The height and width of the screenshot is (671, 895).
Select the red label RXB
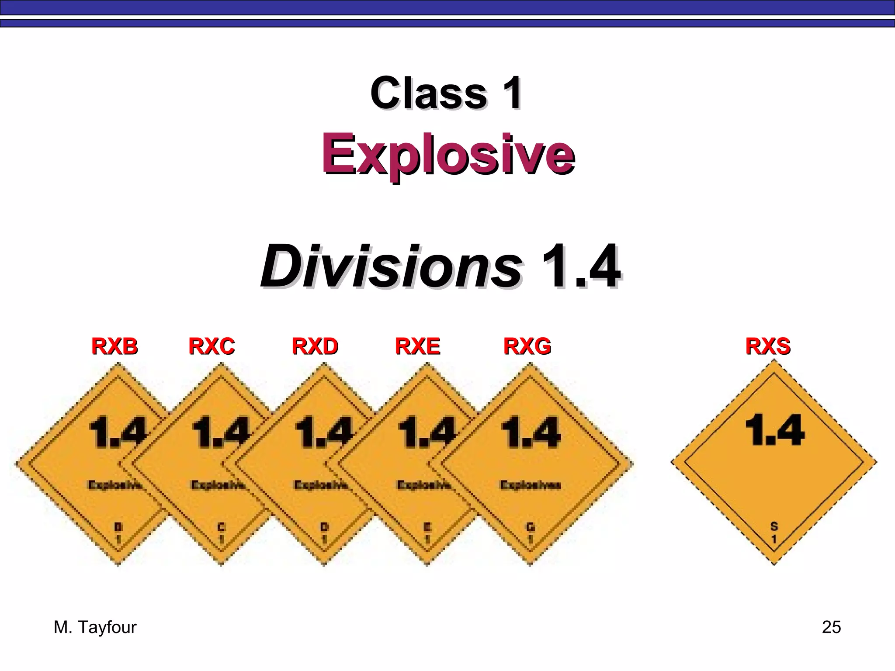tap(114, 346)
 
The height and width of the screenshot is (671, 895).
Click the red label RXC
tap(212, 346)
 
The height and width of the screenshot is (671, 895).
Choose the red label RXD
tap(315, 346)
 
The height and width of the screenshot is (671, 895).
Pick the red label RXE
tap(417, 346)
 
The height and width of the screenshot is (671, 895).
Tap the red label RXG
tap(527, 346)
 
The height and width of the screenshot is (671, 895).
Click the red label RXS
tap(768, 346)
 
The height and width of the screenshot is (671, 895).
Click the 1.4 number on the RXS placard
tap(774, 430)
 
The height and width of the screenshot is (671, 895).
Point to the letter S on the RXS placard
tap(774, 526)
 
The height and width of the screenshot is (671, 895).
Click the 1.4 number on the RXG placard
tap(531, 432)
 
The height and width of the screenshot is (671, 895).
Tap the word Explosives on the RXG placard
tap(531, 485)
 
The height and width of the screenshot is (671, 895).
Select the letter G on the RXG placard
tap(531, 527)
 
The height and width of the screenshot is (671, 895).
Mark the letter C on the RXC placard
tap(222, 527)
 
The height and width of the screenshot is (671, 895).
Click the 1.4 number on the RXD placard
tap(324, 432)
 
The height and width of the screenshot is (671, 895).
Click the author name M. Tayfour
tap(95, 627)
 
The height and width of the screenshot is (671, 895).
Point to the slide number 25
tap(831, 627)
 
